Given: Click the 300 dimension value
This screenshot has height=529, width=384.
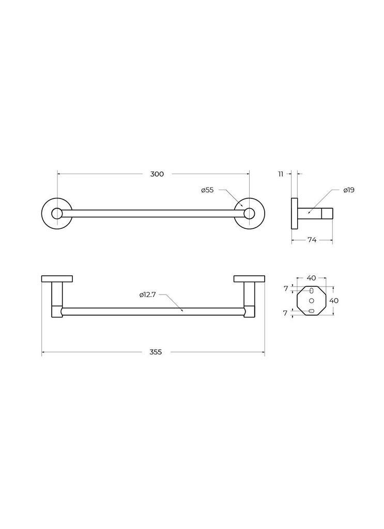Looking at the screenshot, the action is (x=157, y=174).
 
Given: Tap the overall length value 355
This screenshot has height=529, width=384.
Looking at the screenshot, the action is (x=156, y=352).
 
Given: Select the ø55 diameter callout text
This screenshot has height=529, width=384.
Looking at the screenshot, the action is (x=207, y=190).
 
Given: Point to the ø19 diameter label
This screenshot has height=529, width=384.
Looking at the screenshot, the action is (x=349, y=190).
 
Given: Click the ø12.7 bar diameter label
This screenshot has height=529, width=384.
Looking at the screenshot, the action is (x=147, y=295).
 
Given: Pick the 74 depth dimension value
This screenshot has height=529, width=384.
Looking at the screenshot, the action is (x=312, y=240).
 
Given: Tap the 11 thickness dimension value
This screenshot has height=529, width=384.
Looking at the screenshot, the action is (x=281, y=174).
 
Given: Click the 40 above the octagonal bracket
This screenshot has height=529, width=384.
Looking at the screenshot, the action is (x=311, y=278).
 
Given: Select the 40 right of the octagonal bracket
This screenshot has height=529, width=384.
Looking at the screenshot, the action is (x=334, y=301).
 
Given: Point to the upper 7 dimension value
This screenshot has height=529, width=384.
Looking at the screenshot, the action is (x=286, y=288).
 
